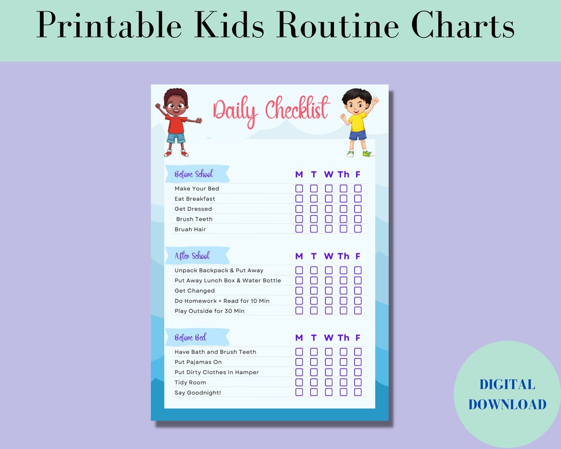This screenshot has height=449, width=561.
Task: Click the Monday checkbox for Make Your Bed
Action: tap(299, 189)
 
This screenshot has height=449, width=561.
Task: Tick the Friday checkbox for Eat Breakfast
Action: tap(358, 199)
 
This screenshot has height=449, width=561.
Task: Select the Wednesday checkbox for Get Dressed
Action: tap(329, 209)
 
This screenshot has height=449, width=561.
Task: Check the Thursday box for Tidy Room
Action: tap(343, 382)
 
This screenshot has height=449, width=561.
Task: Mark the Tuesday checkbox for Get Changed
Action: tap(314, 290)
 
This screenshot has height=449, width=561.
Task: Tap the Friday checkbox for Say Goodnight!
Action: tap(358, 392)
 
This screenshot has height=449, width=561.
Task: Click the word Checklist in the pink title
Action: tap(297, 110)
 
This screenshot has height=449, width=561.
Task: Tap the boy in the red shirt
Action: tap(177, 123)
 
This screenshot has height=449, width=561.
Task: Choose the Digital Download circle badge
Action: tap(506, 394)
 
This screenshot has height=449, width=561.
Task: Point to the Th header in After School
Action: tap(343, 256)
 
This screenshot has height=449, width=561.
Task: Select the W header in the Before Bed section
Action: tap(329, 338)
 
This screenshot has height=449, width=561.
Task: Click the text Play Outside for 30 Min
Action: tap(209, 311)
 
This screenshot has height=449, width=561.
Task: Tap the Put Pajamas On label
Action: tap(198, 362)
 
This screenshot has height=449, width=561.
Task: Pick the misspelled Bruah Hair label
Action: tap(190, 229)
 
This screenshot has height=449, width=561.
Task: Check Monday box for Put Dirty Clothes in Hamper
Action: tap(299, 372)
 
